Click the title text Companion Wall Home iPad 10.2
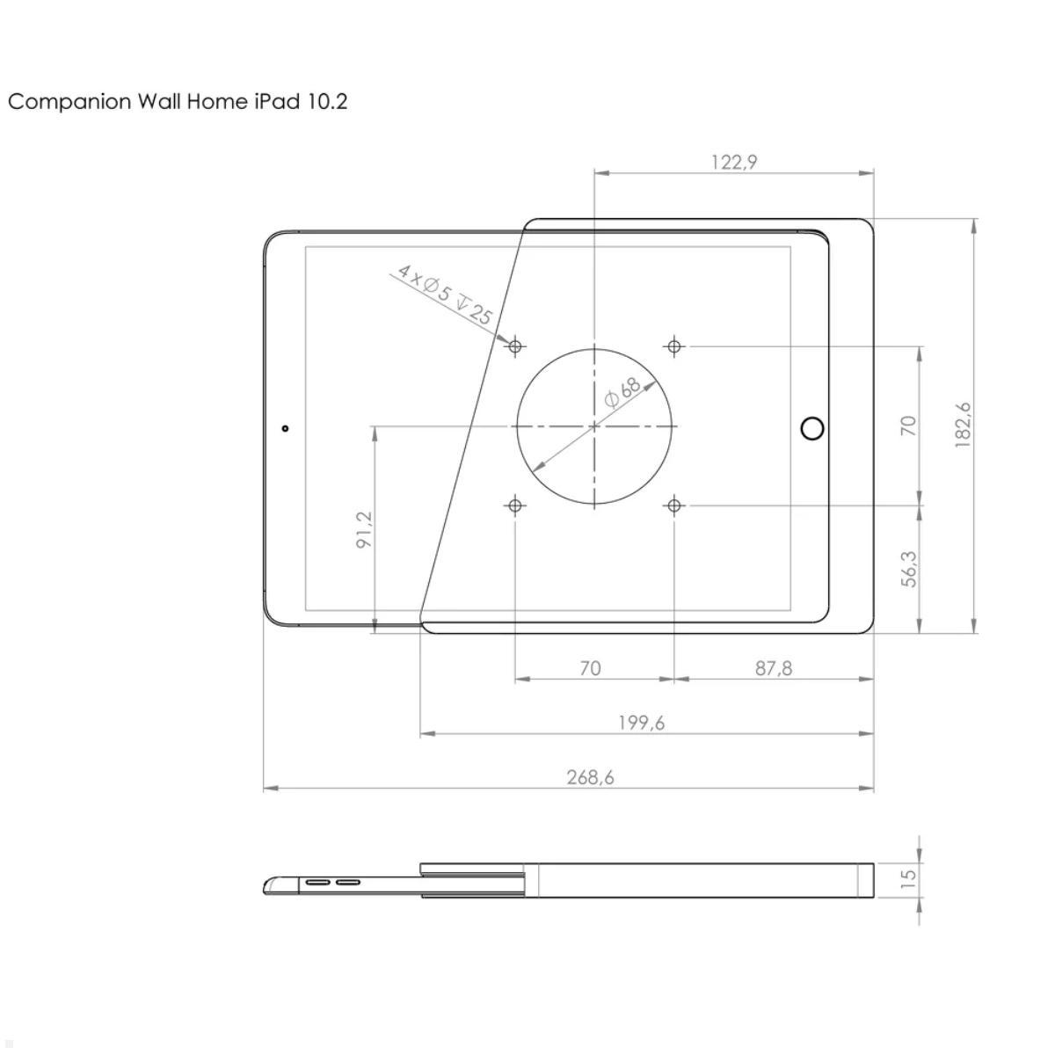178,102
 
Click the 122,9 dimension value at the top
734,162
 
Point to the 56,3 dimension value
909,569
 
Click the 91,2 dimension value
364,530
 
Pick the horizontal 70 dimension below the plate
591,668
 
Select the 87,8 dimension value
774,668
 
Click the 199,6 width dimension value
642,723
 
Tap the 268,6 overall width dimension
590,777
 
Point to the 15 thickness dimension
909,877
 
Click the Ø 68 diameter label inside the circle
622,392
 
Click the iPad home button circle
813,428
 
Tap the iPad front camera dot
285,428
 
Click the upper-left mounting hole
515,346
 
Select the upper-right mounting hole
674,346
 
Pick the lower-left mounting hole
515,506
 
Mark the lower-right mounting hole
674,506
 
